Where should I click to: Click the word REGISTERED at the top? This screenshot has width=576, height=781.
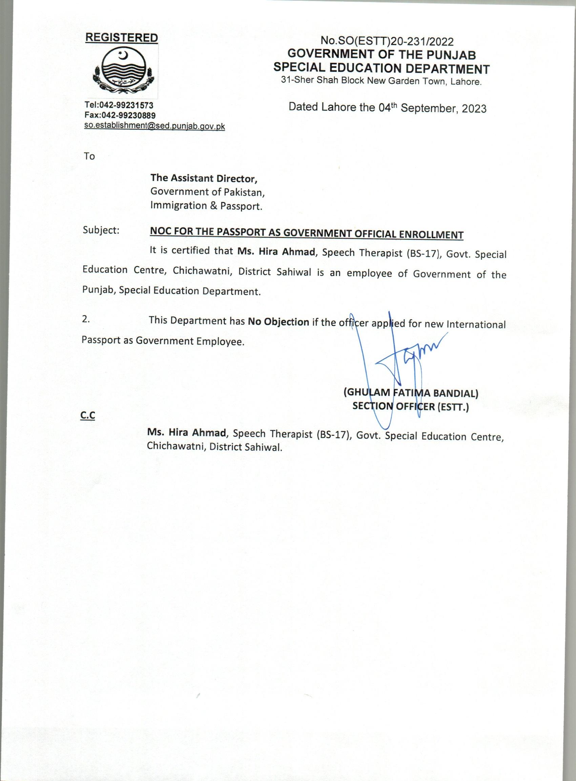pos(122,38)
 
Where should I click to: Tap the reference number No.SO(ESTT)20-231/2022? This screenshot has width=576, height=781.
pos(387,41)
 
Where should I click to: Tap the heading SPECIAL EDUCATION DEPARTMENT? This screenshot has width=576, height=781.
pos(382,68)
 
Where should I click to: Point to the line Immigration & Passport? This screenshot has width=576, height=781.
pos(206,206)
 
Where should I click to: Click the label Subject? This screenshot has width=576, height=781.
pos(101,230)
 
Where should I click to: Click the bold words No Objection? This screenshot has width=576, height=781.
pos(278,322)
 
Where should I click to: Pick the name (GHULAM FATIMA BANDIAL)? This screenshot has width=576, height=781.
pos(411,393)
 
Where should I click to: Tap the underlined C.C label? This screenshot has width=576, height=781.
pos(87,415)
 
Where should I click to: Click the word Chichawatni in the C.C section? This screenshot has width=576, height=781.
pos(176,447)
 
